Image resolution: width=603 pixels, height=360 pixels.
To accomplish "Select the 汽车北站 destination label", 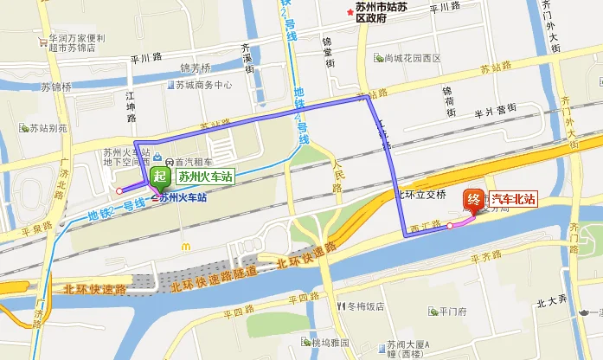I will tap(514, 199).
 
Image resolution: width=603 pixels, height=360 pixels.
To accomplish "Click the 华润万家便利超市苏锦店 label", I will tap(77, 43).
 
